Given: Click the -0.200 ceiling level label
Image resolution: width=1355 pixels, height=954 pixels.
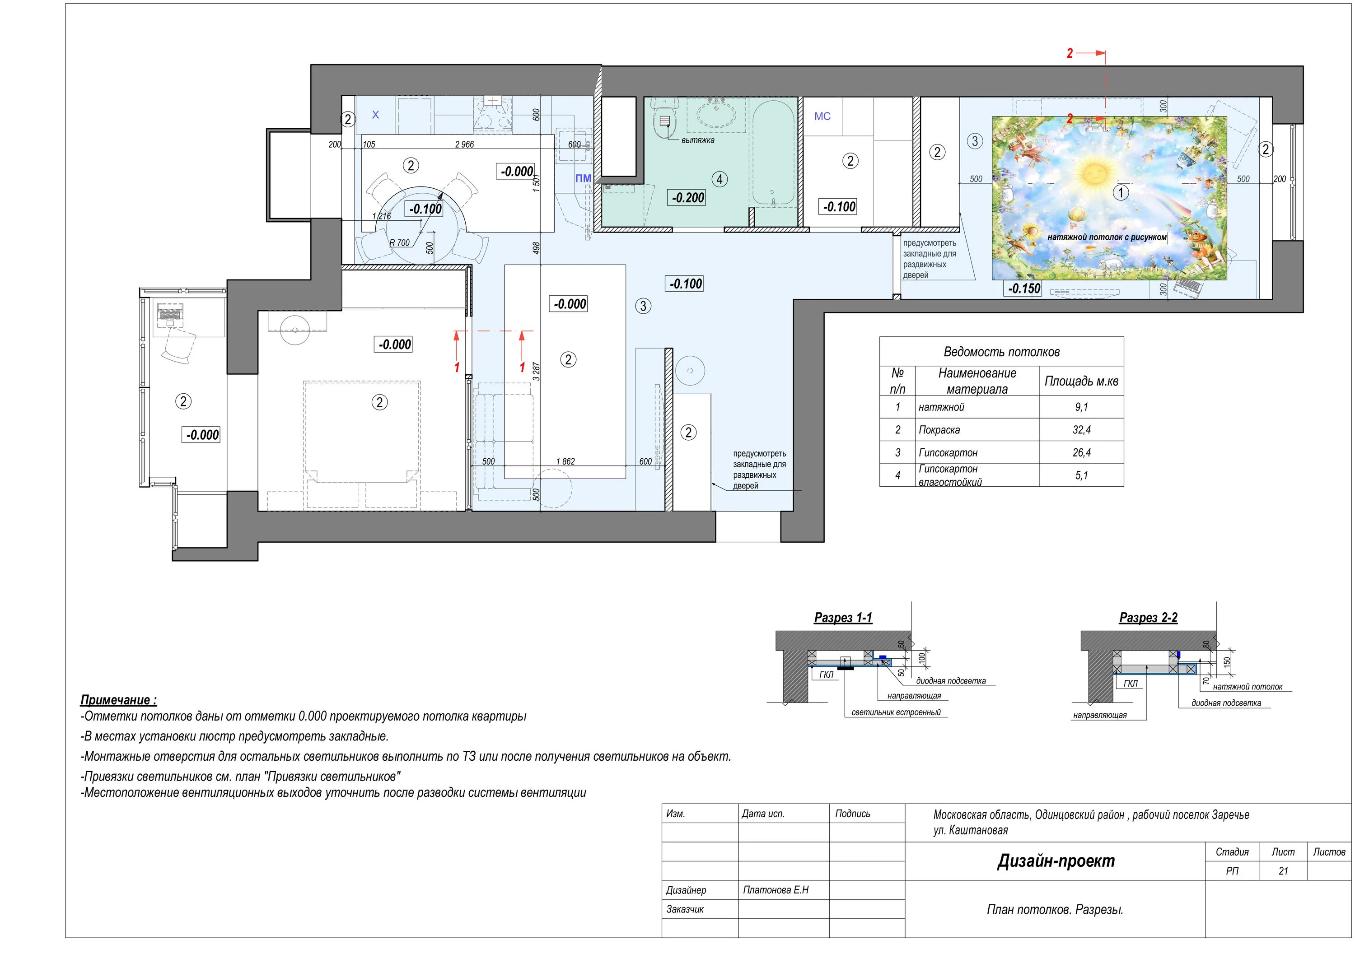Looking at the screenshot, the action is (688, 198).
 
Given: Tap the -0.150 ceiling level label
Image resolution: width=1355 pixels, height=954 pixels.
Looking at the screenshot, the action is (1023, 289).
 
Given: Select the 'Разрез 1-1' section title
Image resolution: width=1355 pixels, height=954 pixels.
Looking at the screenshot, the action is (843, 618).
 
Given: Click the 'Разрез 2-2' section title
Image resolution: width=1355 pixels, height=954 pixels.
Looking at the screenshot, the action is (1148, 618).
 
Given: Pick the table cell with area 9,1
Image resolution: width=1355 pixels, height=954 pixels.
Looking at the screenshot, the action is (1081, 407).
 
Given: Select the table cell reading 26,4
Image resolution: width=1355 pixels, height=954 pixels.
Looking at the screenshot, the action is (1081, 452).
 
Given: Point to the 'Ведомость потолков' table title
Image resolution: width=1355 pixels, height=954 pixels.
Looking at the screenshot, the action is (1001, 352).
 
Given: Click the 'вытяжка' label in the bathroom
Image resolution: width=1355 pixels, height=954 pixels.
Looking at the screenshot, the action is (697, 140).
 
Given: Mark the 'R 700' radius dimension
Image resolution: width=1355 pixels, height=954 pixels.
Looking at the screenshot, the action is (400, 242).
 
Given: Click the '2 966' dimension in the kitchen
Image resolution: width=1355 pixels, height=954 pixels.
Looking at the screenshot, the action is (464, 144).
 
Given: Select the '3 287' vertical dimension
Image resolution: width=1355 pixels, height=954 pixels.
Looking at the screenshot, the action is (537, 371).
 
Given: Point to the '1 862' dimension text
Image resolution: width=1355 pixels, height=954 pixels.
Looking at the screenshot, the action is (565, 461).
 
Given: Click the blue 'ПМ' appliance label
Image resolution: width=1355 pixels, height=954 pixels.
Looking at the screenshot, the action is (583, 178).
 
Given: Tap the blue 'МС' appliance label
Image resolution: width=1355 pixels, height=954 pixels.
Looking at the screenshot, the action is (822, 116).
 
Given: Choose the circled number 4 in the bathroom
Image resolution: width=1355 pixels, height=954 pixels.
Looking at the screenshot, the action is (720, 179).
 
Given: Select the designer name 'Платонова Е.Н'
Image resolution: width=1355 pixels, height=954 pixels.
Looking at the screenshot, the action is (776, 890).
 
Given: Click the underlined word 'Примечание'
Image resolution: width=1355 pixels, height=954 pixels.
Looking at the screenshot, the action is (115, 700).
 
